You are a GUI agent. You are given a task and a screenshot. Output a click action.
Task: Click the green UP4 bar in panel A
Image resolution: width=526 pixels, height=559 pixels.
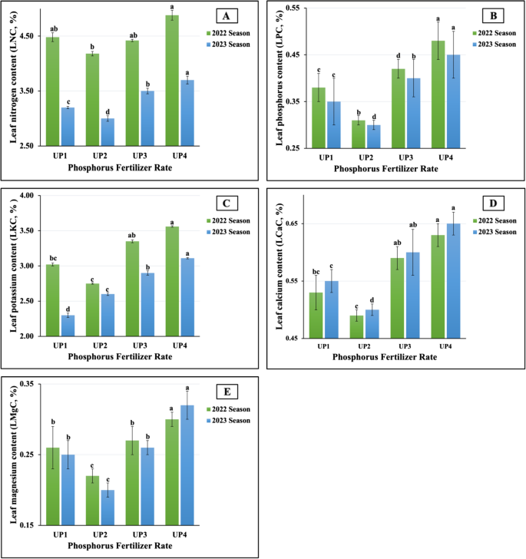[172, 81]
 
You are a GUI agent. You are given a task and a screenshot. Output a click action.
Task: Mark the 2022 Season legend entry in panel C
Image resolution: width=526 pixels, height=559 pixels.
[229, 220]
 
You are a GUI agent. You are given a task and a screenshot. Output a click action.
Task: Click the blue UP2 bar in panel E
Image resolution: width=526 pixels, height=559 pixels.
[108, 508]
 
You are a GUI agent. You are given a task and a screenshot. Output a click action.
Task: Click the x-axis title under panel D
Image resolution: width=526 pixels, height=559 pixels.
[392, 357]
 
